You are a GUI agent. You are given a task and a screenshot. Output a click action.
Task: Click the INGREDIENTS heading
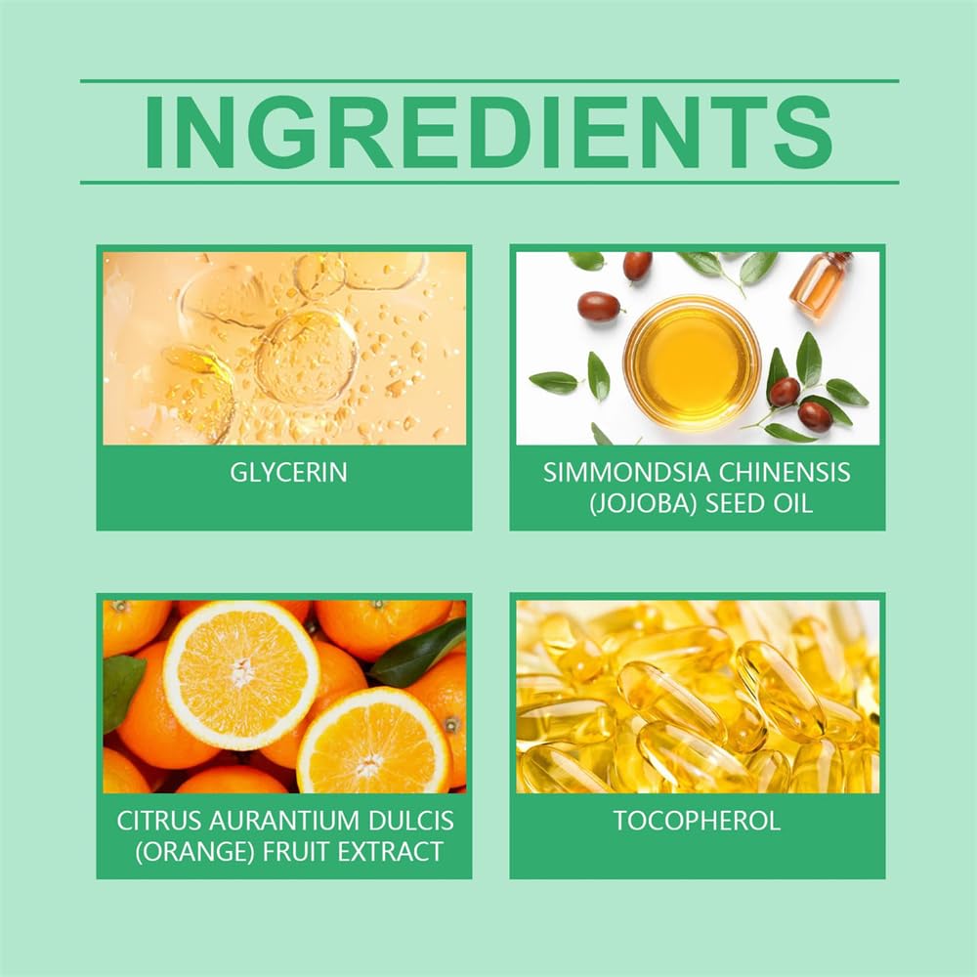[x=488, y=132]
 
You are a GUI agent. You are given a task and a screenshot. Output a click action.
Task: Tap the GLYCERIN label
[x=288, y=472]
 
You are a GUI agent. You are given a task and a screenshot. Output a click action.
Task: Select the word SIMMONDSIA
[x=627, y=472]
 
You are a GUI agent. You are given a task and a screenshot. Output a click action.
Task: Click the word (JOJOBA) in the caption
[x=643, y=503]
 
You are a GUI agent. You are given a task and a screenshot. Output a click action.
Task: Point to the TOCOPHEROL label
[x=697, y=821]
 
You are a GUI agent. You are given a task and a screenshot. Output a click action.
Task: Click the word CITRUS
[x=159, y=821]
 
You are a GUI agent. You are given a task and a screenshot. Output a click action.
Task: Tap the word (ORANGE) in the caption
[x=195, y=852]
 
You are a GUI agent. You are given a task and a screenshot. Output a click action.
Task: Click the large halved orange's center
[x=241, y=674]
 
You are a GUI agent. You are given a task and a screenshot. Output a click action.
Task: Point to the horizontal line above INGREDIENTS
[x=489, y=81]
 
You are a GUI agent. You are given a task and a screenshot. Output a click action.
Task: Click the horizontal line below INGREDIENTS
[x=489, y=183]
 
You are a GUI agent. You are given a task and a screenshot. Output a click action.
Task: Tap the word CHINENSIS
[x=786, y=472]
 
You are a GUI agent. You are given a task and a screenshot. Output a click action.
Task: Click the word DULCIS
[x=411, y=821]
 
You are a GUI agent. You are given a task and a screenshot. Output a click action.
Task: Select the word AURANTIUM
[x=285, y=821]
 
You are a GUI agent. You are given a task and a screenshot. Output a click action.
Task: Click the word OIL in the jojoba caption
[x=792, y=503]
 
